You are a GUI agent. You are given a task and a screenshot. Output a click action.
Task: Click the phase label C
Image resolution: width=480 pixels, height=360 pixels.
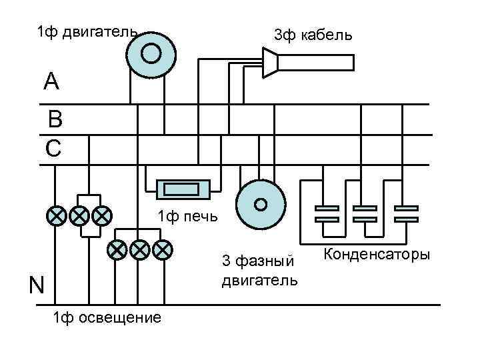53,148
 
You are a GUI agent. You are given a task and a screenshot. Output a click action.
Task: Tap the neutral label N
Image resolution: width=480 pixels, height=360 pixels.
36,285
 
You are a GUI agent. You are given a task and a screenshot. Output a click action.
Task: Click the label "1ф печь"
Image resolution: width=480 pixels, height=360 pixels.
186,216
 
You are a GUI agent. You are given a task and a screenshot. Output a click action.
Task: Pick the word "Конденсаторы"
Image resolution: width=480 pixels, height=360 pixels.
377,255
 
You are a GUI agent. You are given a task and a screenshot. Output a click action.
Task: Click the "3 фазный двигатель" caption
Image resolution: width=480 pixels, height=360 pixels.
259,270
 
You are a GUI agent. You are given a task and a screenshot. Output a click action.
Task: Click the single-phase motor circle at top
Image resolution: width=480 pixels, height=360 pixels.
152,53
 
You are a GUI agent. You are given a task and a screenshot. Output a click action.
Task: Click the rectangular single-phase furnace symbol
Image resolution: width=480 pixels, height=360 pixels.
183,189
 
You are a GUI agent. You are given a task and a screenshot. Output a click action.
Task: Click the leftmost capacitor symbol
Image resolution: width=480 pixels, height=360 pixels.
327,213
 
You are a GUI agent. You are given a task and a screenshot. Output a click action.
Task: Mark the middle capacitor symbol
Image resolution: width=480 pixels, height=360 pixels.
365,213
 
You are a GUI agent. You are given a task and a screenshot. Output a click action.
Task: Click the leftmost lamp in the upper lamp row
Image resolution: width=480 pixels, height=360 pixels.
56,215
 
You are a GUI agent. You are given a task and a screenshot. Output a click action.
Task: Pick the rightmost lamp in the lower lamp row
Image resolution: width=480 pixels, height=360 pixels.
162,249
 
